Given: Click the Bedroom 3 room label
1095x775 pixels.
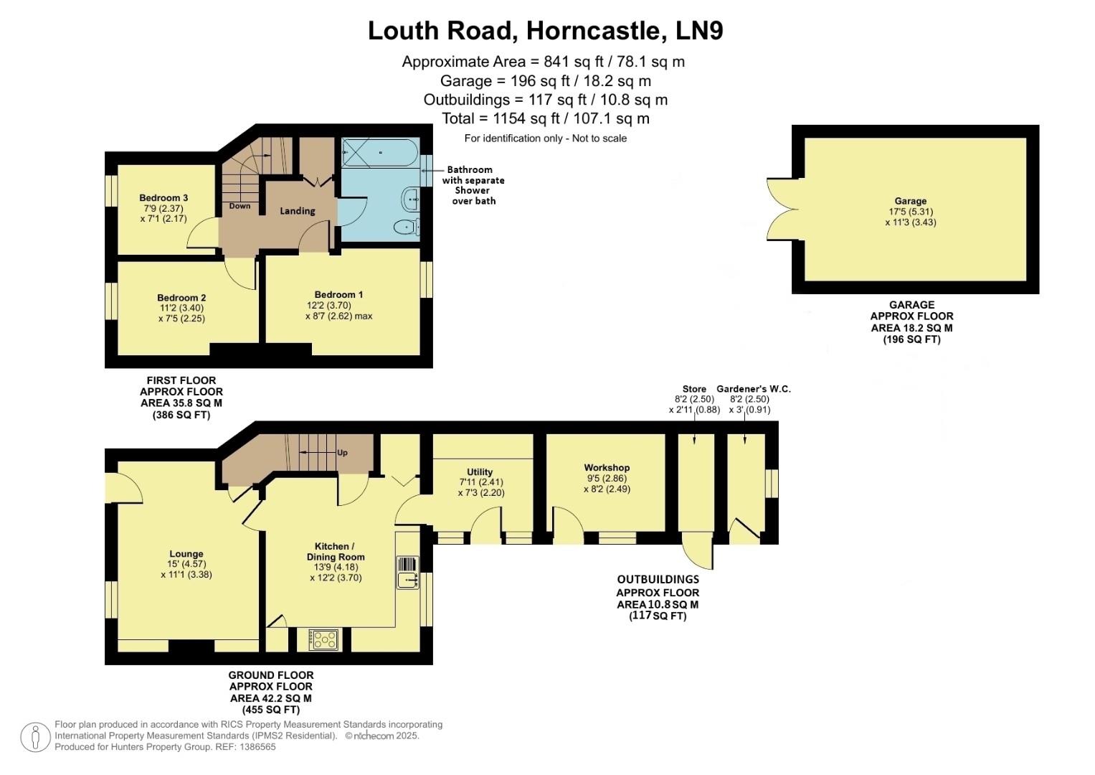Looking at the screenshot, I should click(163, 198).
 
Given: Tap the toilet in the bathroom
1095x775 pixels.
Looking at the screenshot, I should click(406, 227).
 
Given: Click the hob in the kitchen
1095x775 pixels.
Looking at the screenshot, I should click(323, 639).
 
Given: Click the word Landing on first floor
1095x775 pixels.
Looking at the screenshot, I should click(297, 211).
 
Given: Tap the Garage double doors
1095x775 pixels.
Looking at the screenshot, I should click(782, 209).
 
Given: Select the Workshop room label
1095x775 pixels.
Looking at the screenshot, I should click(607, 468).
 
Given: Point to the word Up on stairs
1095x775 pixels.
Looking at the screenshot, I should click(342, 453).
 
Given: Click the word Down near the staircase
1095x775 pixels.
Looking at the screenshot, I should click(240, 206).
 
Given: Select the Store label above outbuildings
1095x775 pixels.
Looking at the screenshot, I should click(694, 389).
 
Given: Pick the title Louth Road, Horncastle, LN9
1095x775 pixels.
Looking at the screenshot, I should click(545, 31).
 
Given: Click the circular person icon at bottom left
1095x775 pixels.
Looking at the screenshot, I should click(35, 738).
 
